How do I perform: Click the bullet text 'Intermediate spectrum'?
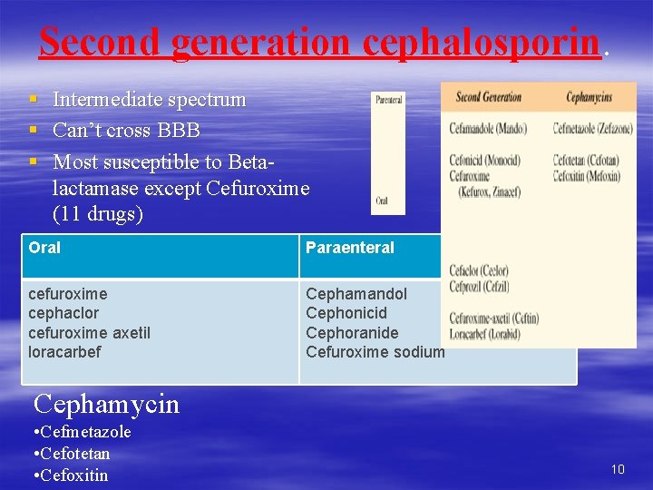point(149,100)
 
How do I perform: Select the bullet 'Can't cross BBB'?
point(126,130)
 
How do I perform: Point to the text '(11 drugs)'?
point(98,215)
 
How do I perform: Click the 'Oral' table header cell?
point(44,248)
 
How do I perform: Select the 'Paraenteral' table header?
point(350,248)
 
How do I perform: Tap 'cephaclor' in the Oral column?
point(64,313)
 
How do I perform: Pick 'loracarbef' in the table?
point(64,352)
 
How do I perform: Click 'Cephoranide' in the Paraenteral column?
point(352,333)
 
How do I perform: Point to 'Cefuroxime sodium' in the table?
point(375,352)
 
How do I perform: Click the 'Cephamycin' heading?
point(106,404)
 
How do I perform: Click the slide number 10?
point(617,469)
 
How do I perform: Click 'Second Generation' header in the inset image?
point(488,97)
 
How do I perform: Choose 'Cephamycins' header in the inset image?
point(589,97)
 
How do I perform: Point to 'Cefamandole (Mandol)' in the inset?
point(487,129)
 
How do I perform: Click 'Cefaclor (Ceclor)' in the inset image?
point(478,270)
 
